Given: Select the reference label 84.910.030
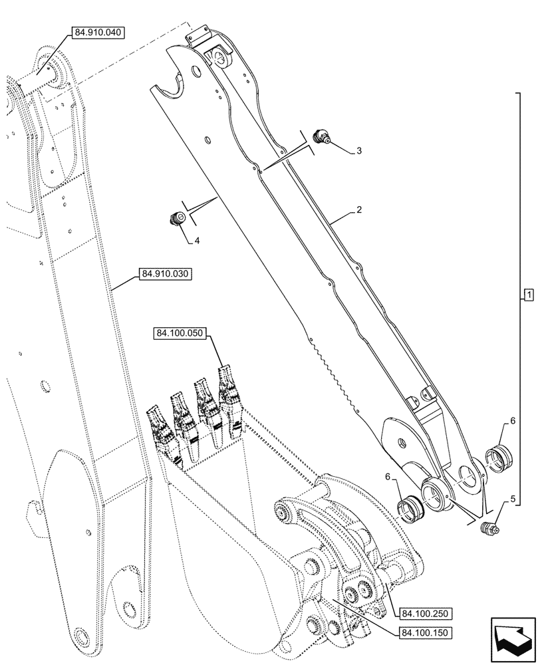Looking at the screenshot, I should coord(166,273).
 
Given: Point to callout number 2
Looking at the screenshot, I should coord(359,210).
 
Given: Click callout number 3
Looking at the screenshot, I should coord(359,151).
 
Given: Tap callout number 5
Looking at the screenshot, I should coord(513,498).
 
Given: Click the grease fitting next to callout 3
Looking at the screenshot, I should coord(324,137).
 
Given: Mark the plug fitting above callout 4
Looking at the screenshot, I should coord(178,218).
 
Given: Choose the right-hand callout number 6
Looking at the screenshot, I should coord(513,421).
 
